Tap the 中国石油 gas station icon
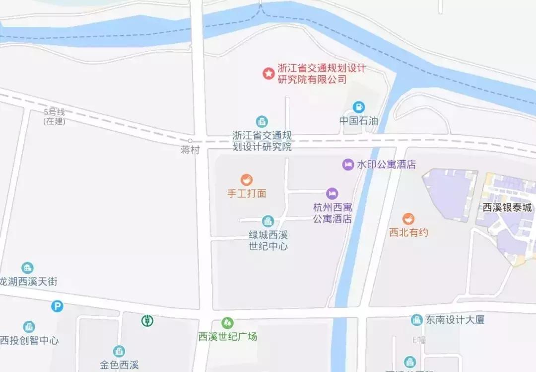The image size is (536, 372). (x=358, y=107)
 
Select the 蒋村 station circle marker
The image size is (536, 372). (x=190, y=141)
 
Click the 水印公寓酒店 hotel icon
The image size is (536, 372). (x=348, y=165)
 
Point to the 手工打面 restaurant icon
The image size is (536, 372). (x=247, y=180)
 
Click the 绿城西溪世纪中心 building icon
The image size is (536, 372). (x=268, y=221)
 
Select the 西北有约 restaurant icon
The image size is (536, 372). (x=408, y=219)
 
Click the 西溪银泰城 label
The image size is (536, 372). (x=507, y=208)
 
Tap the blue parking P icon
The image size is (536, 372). (x=58, y=306)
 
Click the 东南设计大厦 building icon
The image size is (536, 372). (x=417, y=320)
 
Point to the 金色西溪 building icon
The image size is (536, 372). (x=119, y=351)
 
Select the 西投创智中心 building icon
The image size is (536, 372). (x=29, y=327)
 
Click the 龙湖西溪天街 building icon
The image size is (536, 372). (x=28, y=268)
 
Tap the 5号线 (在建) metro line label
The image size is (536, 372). (x=54, y=117)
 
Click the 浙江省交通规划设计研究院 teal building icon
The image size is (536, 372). (x=262, y=121)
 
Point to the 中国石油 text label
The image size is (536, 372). (x=358, y=121)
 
